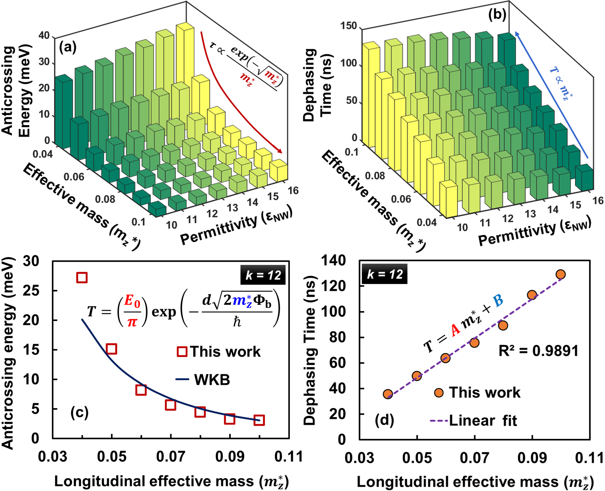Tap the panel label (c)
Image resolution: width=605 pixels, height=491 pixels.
click(x=80, y=412)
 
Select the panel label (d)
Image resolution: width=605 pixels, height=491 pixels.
click(x=384, y=420)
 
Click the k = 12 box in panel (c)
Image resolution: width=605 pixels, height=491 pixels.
click(x=263, y=275)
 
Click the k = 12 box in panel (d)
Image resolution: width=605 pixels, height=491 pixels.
click(x=384, y=274)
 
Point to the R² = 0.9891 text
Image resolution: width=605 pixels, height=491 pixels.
click(x=538, y=350)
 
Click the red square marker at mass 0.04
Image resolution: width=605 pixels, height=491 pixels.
click(x=82, y=277)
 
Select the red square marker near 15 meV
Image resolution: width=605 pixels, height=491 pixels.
click(x=112, y=349)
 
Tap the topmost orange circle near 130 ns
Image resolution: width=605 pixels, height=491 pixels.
click(x=560, y=274)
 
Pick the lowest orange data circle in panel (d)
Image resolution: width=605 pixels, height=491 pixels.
click(x=388, y=394)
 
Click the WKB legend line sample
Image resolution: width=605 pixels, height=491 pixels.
click(x=182, y=380)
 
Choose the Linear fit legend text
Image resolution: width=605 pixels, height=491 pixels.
click(x=483, y=421)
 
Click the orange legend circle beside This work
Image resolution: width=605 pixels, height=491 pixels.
click(x=439, y=393)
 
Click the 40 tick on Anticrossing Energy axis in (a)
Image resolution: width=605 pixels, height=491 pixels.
click(x=44, y=35)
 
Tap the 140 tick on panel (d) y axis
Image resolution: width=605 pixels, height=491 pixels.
click(x=333, y=261)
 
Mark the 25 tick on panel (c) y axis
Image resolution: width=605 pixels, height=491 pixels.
click(x=31, y=291)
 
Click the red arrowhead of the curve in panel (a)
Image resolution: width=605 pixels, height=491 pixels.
click(x=280, y=151)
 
